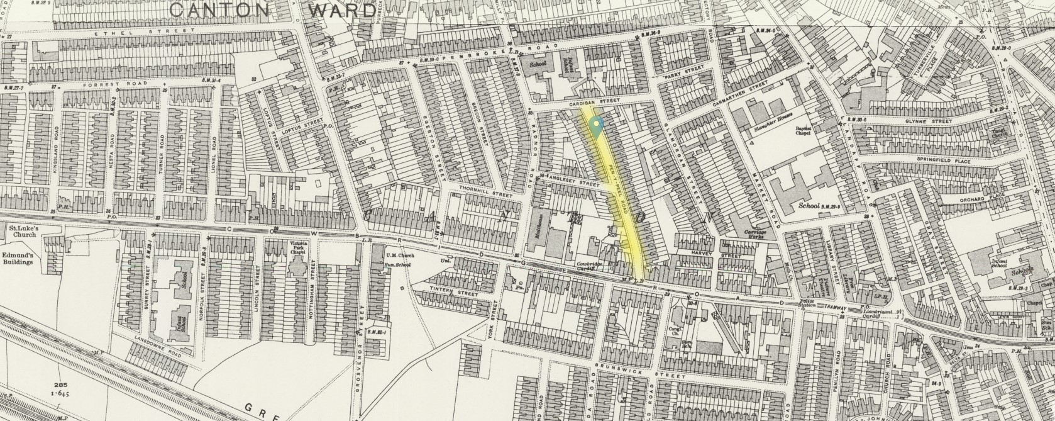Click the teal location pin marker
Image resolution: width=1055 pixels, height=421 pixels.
pos(597,126)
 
